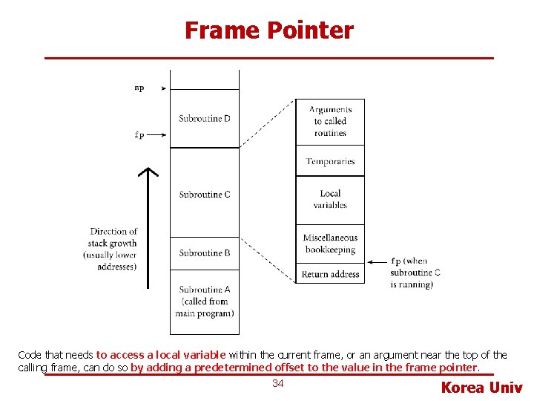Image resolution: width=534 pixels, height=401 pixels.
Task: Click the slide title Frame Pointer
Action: tap(268, 31)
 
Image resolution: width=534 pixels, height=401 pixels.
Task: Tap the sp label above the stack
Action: tap(139, 88)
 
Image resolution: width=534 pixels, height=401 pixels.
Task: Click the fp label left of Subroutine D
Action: tap(139, 135)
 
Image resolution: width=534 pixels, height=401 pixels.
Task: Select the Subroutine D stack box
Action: tap(205, 119)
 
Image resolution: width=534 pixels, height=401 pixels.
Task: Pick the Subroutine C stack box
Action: tap(205, 195)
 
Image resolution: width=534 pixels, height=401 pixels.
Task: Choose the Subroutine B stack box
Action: tap(205, 253)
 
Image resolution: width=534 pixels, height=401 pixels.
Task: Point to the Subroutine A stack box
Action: tap(205, 301)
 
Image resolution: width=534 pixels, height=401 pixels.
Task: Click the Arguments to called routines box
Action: tap(330, 121)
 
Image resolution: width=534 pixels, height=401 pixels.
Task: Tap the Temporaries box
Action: tap(330, 161)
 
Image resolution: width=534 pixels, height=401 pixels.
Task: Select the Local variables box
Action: tap(330, 200)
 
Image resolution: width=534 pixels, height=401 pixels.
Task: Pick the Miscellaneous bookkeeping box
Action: tap(330, 244)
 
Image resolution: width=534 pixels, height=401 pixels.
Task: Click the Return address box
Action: tap(330, 275)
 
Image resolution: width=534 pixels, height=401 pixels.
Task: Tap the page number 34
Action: tap(278, 383)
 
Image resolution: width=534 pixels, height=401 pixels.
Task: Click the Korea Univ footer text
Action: tap(481, 387)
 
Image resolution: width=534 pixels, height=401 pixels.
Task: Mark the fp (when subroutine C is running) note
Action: tap(415, 273)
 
